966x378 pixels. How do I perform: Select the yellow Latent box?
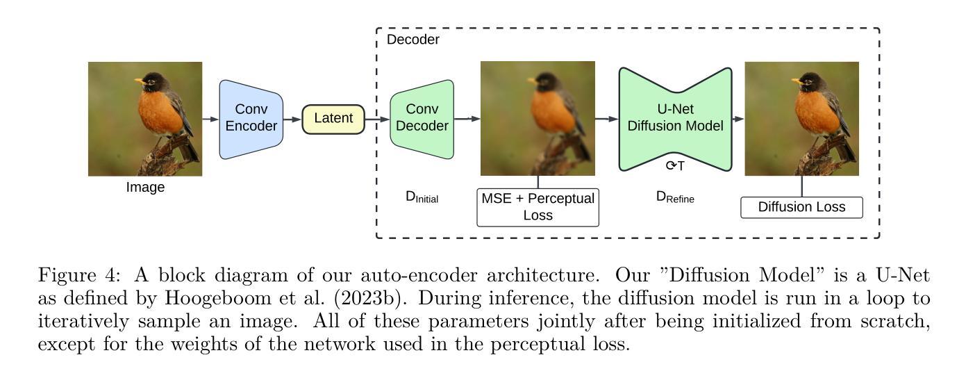333,119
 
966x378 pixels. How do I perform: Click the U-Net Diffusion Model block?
674,119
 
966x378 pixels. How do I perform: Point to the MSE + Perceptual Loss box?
538,206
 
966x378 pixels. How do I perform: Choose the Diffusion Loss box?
802,207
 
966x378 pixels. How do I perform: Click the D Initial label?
422,197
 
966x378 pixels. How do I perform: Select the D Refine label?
675,197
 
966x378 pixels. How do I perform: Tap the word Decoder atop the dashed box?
413,40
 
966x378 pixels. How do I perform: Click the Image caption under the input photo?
145,187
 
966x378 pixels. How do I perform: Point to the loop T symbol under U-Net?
675,165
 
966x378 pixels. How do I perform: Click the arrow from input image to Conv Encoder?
210,119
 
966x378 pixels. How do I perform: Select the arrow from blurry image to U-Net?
606,119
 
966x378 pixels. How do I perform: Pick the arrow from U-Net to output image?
738,119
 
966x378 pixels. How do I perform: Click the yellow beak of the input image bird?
140,81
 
